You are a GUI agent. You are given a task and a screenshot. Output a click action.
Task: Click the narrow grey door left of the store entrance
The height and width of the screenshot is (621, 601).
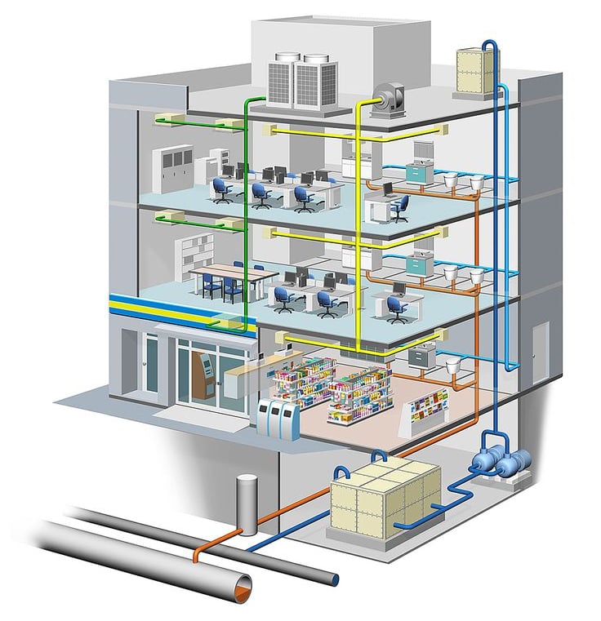tap(152, 363)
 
